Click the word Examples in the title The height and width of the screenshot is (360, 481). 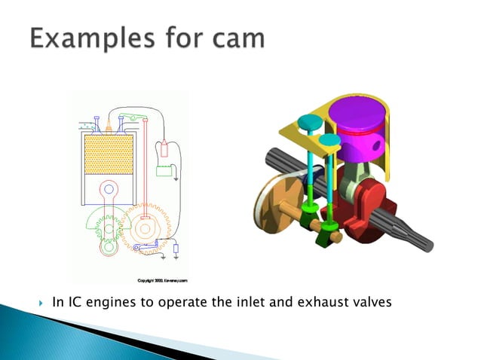[87, 38]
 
